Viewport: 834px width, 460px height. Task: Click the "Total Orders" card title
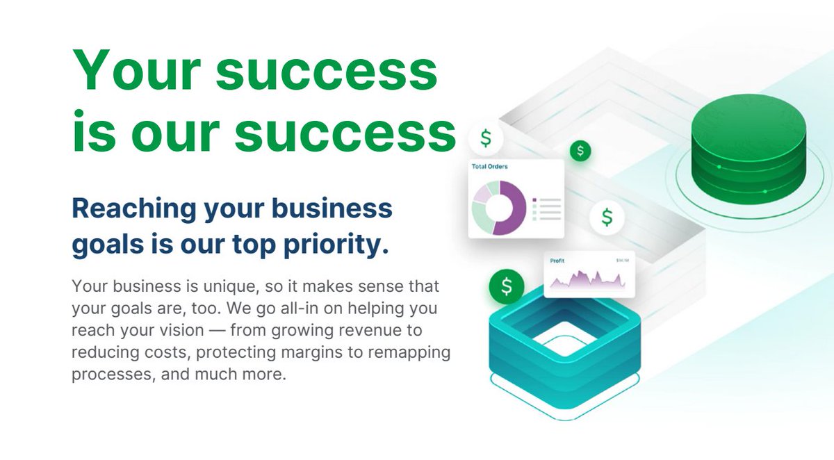point(490,167)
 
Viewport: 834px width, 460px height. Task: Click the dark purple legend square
point(534,200)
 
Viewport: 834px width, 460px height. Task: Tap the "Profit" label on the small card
point(557,261)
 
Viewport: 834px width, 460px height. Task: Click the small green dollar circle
point(580,149)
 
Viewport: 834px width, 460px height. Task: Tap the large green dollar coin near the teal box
point(507,286)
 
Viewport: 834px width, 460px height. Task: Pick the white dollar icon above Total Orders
point(486,138)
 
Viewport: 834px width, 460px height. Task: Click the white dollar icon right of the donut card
point(607,217)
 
